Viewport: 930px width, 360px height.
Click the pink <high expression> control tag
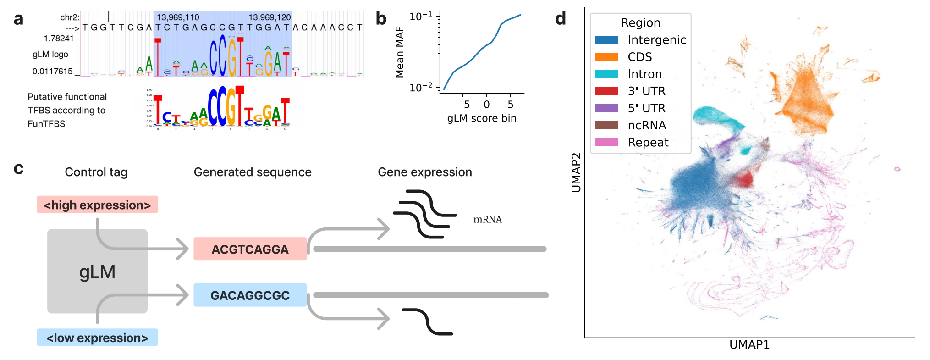point(97,205)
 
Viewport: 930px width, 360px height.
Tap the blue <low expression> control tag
point(97,338)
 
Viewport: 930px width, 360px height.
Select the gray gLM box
point(97,271)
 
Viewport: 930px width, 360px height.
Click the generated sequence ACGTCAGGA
point(250,249)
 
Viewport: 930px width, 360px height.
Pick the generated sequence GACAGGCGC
point(250,295)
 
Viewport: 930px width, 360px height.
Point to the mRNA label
point(487,220)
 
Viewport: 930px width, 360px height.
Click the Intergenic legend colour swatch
point(606,40)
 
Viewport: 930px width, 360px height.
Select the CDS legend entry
point(639,57)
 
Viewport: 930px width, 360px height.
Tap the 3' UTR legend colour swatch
point(606,91)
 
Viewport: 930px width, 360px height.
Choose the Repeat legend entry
point(648,143)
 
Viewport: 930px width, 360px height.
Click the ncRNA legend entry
point(647,125)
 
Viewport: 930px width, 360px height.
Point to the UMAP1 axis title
point(749,345)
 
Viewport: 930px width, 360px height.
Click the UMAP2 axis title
point(576,172)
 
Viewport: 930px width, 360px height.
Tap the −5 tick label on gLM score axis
point(462,105)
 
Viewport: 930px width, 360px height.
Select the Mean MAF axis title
point(400,52)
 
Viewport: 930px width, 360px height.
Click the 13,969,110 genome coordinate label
point(178,17)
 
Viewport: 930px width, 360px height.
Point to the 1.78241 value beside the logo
point(59,39)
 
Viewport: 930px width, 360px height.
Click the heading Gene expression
point(424,172)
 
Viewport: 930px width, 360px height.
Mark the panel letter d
point(560,19)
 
